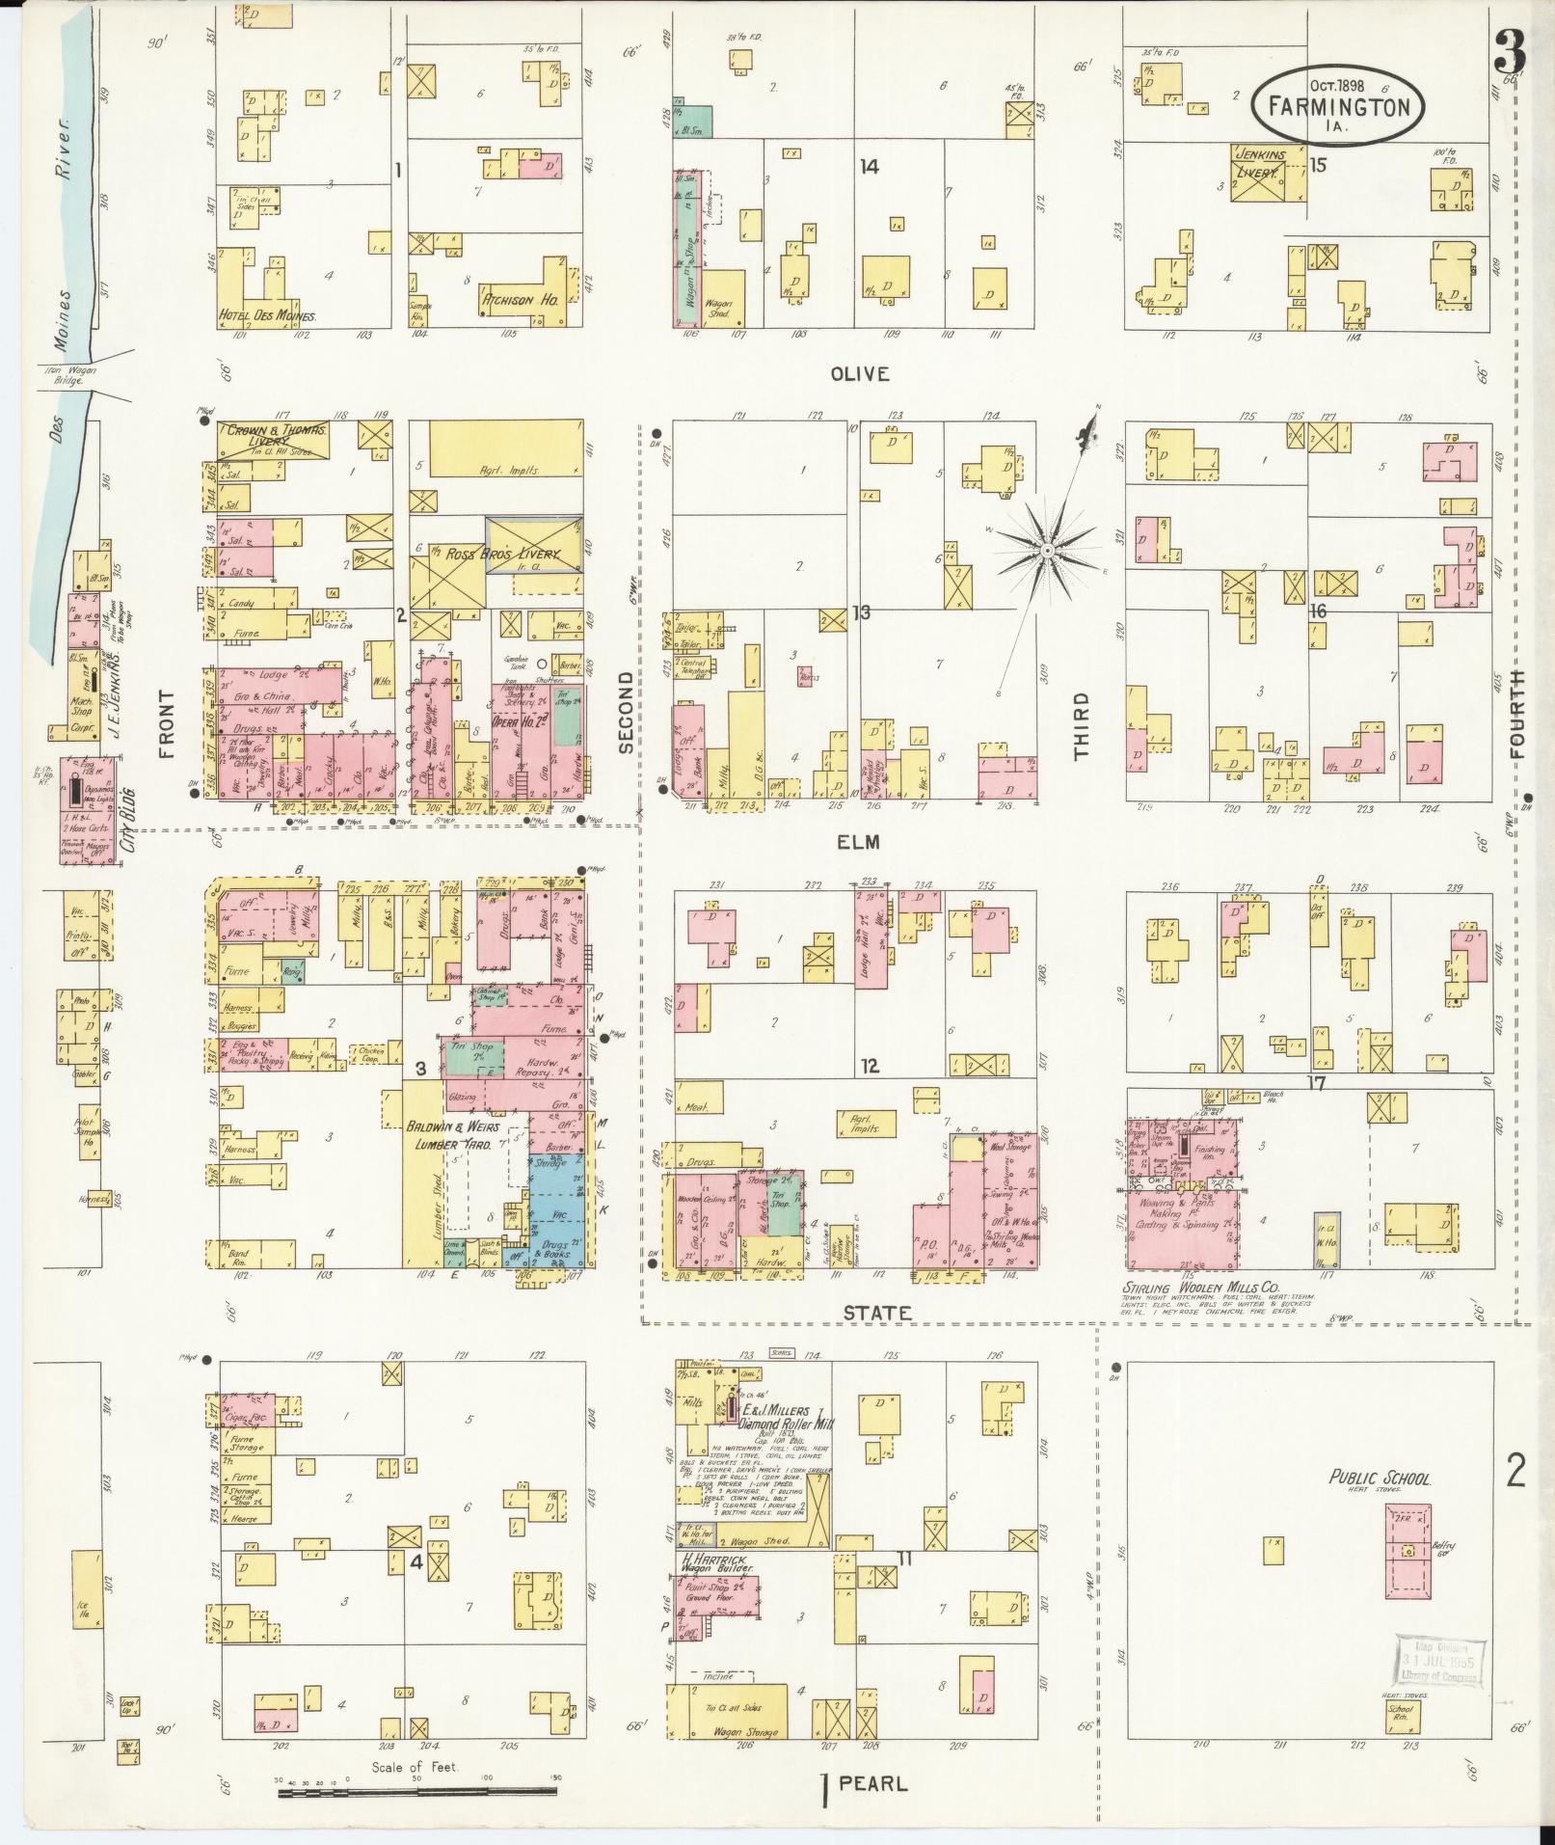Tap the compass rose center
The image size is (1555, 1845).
[1045, 550]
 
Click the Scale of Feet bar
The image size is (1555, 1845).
[418, 1793]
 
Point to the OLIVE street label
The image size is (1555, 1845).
[860, 374]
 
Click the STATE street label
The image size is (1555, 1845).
[876, 1313]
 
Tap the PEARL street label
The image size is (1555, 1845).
[872, 1783]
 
